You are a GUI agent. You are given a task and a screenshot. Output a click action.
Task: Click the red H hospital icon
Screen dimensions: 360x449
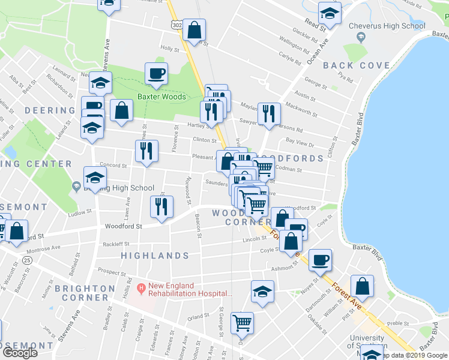[x=142, y=288]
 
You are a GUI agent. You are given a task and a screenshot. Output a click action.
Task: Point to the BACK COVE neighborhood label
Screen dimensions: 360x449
[x=357, y=65]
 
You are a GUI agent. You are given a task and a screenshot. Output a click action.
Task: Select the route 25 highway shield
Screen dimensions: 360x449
[x=27, y=260]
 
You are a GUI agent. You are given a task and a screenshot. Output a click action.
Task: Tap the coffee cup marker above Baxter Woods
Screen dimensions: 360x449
[x=156, y=74]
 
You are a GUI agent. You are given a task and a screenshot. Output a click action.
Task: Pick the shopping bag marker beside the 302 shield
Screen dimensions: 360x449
[x=194, y=29]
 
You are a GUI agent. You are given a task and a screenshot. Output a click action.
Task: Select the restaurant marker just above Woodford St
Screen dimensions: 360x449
[x=161, y=206]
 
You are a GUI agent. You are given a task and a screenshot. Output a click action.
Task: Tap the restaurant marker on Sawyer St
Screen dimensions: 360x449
[x=268, y=112]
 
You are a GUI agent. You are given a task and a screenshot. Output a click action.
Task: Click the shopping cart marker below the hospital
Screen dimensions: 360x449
[x=242, y=323]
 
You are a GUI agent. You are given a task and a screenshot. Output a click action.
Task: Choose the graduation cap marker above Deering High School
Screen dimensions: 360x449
[x=95, y=177]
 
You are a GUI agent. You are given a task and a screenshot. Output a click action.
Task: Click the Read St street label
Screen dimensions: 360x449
[x=315, y=24]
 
